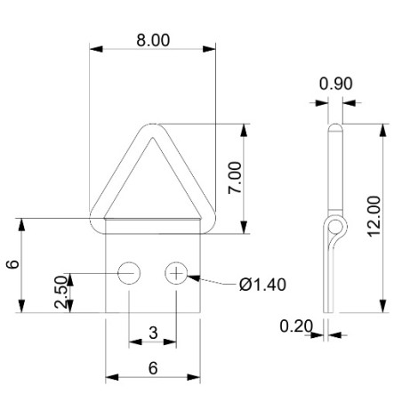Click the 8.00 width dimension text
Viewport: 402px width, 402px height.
(152, 40)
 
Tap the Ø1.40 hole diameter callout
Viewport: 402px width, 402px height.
(262, 285)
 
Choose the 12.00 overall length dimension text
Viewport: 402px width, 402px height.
(374, 216)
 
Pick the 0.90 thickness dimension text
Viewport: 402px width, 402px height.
(335, 84)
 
